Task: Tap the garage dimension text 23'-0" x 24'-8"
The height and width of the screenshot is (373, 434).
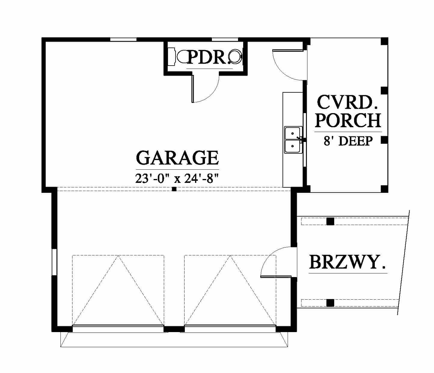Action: tap(177, 179)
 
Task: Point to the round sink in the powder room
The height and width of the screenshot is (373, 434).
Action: tap(235, 56)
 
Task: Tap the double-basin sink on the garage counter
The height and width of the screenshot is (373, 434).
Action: tap(293, 140)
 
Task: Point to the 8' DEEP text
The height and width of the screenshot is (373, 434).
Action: tap(348, 141)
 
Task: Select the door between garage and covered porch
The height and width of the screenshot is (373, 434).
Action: tap(288, 65)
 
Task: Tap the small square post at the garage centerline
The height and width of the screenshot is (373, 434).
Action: tap(174, 189)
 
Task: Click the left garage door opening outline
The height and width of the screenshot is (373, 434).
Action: tap(118, 290)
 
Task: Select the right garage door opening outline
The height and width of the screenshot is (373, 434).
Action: tap(230, 290)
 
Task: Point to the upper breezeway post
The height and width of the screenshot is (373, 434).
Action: tap(330, 221)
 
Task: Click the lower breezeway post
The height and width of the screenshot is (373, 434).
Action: tap(330, 303)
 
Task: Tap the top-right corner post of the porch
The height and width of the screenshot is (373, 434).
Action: tap(384, 41)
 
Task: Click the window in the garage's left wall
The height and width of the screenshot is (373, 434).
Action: tap(54, 262)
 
